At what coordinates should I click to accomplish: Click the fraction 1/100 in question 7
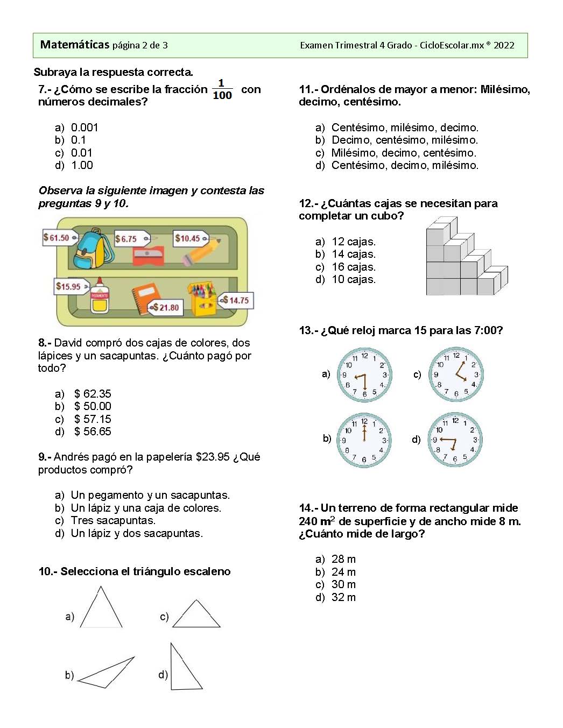pyautogui.click(x=222, y=89)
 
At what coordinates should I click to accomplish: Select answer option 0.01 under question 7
pyautogui.click(x=81, y=153)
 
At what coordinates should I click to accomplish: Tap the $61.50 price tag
pyautogui.click(x=57, y=237)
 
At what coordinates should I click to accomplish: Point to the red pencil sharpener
pyautogui.click(x=148, y=256)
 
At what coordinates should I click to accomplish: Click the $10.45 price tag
pyautogui.click(x=188, y=238)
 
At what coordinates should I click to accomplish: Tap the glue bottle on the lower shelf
pyautogui.click(x=99, y=296)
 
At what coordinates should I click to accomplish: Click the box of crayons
pyautogui.click(x=201, y=299)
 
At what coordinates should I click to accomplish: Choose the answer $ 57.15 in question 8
pyautogui.click(x=93, y=419)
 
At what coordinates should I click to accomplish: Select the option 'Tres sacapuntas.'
pyautogui.click(x=113, y=520)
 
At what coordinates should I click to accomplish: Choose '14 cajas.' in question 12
pyautogui.click(x=354, y=254)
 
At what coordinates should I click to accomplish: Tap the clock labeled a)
pyautogui.click(x=364, y=374)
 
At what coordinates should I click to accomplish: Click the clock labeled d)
pyautogui.click(x=455, y=440)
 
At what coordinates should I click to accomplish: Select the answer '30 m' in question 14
pyautogui.click(x=343, y=584)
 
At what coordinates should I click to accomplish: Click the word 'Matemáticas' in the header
pyautogui.click(x=75, y=45)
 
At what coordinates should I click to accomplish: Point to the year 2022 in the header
pyautogui.click(x=504, y=45)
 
